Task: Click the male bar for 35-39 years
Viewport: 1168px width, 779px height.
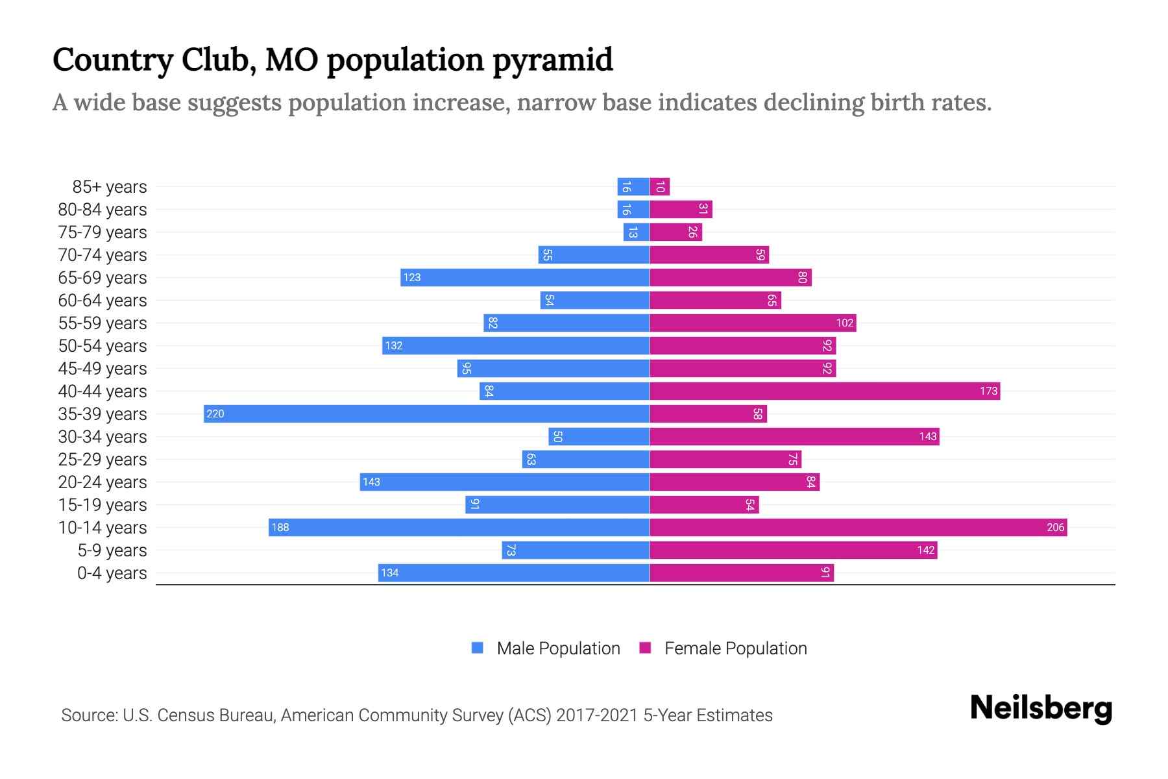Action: [x=426, y=414]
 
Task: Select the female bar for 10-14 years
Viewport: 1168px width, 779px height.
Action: [x=858, y=527]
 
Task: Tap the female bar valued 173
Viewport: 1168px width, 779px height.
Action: [x=824, y=391]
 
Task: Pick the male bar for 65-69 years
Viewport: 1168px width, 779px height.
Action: [x=525, y=277]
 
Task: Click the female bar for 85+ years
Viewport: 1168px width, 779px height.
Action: [x=659, y=186]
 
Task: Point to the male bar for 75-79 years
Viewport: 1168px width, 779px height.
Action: [x=636, y=232]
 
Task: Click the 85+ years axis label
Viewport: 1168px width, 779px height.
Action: [x=109, y=187]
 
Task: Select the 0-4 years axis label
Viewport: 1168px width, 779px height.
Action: [x=112, y=573]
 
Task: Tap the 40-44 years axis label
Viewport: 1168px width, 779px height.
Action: [x=103, y=391]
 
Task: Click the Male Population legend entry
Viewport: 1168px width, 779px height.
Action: [x=558, y=649]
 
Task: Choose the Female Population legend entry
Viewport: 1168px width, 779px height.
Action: [x=735, y=649]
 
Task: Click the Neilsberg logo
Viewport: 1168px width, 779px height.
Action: [x=1041, y=708]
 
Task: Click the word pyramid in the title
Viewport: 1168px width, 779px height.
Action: [x=552, y=60]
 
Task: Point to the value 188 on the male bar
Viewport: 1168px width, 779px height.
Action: [x=280, y=527]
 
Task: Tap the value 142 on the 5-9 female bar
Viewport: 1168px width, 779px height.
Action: [x=925, y=550]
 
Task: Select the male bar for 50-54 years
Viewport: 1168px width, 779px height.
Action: [x=516, y=345]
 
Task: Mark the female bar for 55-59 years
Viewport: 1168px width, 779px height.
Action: [x=753, y=323]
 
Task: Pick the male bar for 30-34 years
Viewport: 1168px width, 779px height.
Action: [x=598, y=436]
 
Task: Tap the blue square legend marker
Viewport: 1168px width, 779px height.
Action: [x=478, y=648]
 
